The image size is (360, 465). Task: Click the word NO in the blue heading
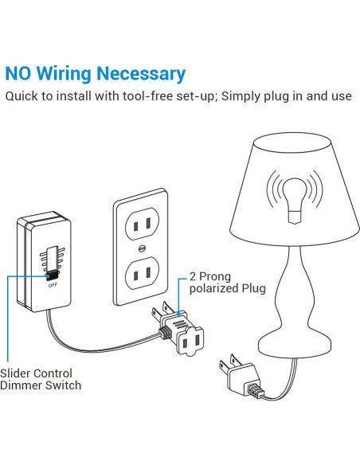click(21, 74)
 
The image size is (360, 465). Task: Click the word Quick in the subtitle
click(22, 97)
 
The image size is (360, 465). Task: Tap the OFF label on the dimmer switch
click(53, 284)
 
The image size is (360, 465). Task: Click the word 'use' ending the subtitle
click(342, 97)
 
